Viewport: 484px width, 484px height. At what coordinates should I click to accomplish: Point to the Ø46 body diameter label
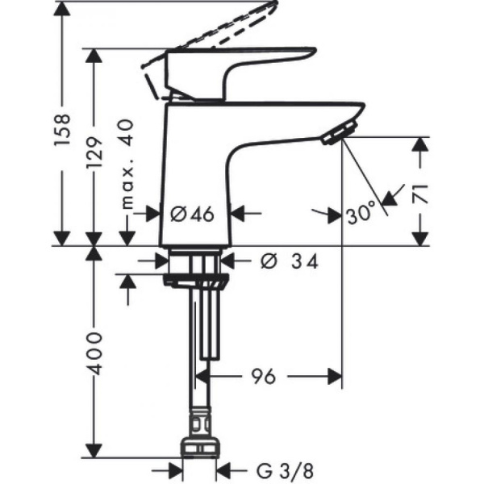tap(192, 214)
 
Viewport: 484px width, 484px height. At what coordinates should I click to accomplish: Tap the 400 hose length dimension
tap(96, 353)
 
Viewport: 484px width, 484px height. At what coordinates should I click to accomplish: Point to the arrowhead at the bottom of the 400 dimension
tap(96, 452)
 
